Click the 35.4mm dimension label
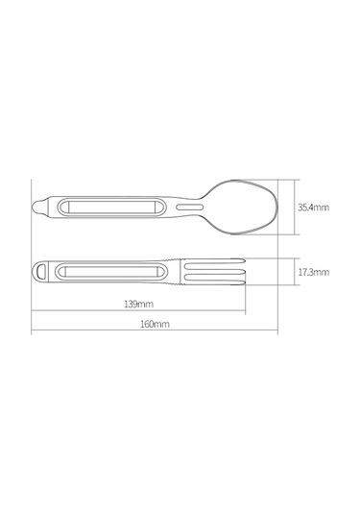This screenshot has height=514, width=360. (x=313, y=208)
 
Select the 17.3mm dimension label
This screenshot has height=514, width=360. (x=314, y=272)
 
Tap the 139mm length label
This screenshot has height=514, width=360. (x=138, y=304)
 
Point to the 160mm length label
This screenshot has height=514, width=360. (x=155, y=324)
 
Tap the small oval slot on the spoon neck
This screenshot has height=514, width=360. (x=190, y=207)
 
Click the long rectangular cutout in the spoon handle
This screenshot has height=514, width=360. (x=110, y=208)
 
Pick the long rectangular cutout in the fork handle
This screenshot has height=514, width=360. (x=111, y=272)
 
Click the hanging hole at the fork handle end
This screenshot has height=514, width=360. (x=41, y=272)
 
